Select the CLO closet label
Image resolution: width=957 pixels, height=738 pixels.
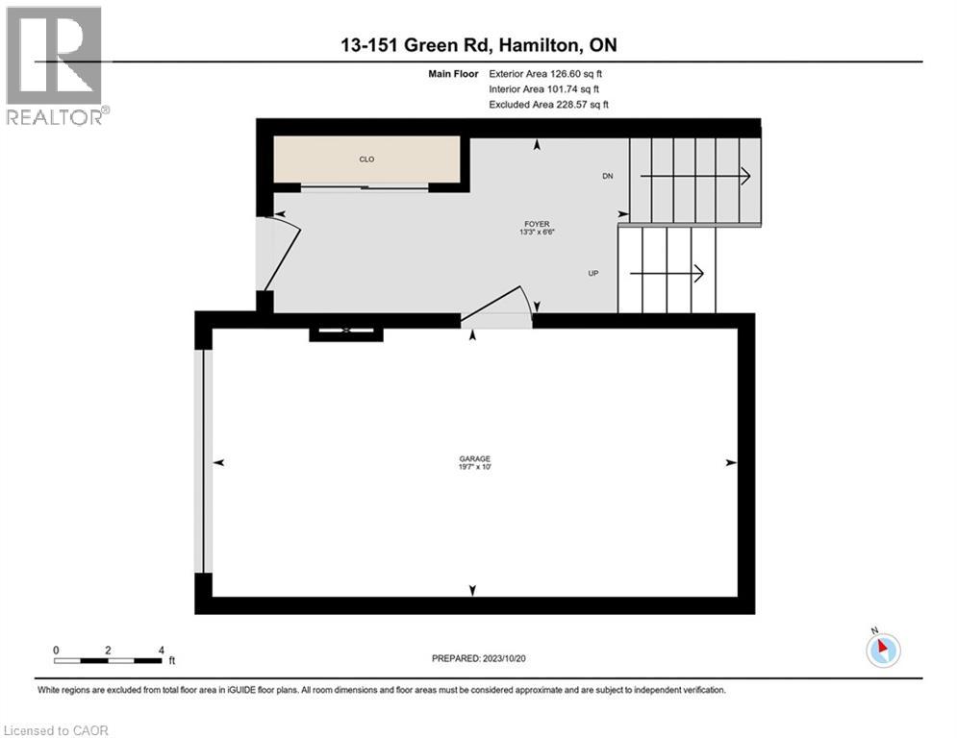[x=366, y=159]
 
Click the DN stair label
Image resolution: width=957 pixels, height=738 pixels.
[x=607, y=176]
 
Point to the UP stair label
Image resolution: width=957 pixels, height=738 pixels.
[x=594, y=274]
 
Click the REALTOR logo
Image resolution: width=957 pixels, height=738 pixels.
[x=55, y=65]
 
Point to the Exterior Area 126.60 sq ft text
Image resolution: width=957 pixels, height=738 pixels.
[x=546, y=73]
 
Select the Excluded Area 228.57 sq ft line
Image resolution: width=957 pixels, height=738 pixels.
[x=548, y=104]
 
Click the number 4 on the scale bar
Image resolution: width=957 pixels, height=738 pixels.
[x=161, y=650]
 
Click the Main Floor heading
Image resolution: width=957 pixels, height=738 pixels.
[x=455, y=73]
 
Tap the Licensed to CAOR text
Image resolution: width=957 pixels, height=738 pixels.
[x=58, y=730]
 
